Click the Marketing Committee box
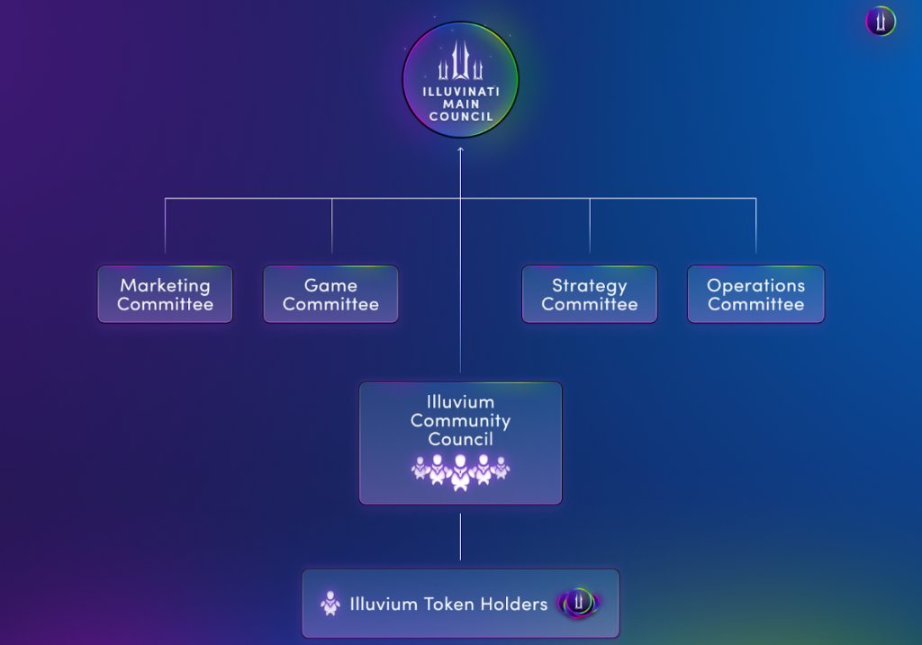tap(166, 294)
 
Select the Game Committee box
tap(331, 294)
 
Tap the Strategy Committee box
tap(590, 294)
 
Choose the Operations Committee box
tap(756, 294)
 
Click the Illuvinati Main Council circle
tap(460, 80)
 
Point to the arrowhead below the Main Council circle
tap(460, 150)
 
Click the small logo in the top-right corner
tap(881, 22)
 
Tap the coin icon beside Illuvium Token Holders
tap(579, 603)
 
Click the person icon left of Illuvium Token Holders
tap(330, 604)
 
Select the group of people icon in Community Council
tap(460, 471)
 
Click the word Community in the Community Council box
tap(460, 421)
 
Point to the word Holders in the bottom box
tap(514, 604)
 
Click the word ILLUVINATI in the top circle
tap(461, 92)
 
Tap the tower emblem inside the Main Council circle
tap(460, 60)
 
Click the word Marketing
tap(166, 285)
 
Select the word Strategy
tap(590, 285)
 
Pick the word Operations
tap(756, 285)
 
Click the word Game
tap(331, 285)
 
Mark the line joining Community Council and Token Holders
tap(460, 537)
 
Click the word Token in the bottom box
tap(448, 604)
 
